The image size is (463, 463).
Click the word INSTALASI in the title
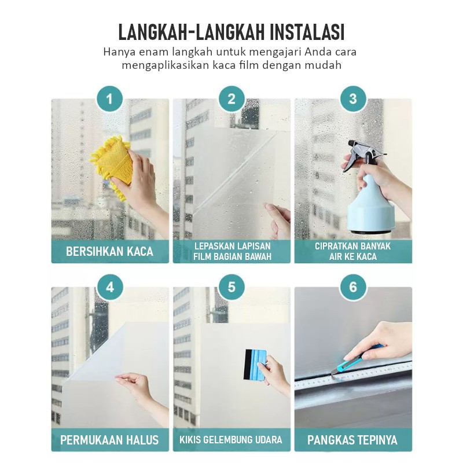[307, 32]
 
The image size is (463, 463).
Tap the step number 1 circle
[110, 99]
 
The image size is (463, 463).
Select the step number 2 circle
[231, 99]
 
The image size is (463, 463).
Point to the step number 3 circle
[353, 99]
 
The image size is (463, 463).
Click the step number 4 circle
[110, 287]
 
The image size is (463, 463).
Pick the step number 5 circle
[231, 287]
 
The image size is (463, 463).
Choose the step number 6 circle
[353, 287]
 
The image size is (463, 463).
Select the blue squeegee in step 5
[255, 365]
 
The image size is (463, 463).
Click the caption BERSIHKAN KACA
[109, 252]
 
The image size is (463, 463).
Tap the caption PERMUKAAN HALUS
[109, 440]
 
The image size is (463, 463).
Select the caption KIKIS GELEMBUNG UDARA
[231, 440]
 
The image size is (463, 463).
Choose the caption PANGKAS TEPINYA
[352, 440]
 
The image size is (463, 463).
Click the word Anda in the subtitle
[318, 52]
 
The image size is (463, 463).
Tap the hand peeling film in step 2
[278, 220]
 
